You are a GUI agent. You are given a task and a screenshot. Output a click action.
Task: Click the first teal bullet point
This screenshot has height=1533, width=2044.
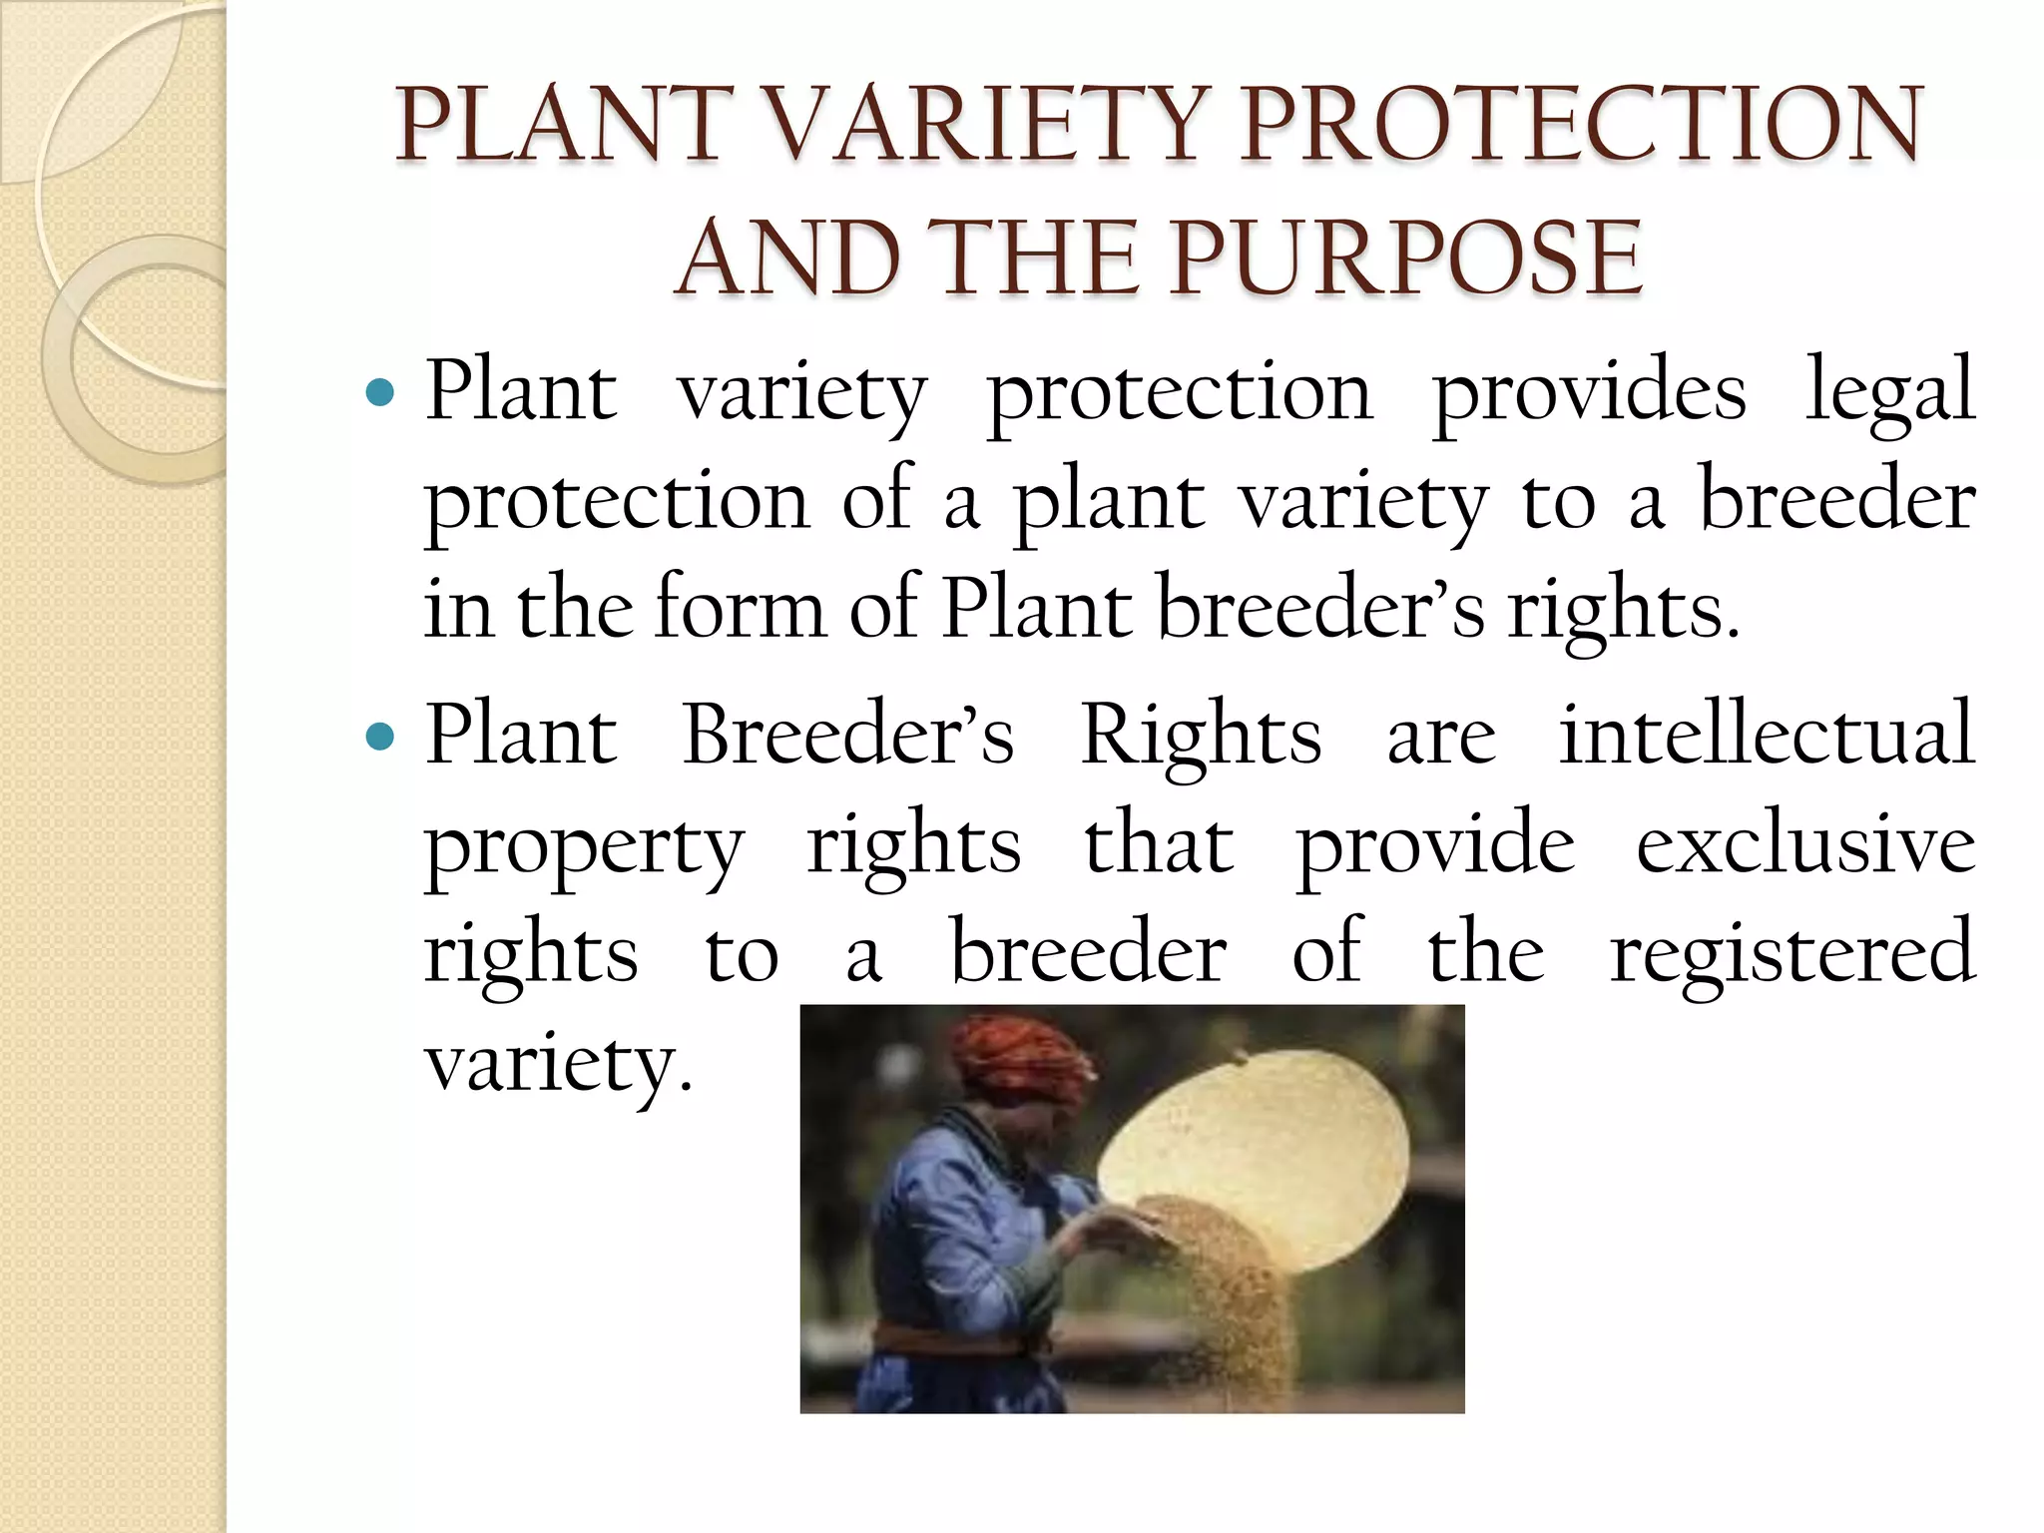point(380,391)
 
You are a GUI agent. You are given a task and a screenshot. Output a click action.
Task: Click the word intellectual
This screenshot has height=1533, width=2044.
point(1767,737)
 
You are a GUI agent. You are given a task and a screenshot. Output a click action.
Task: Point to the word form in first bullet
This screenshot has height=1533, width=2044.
point(739,609)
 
